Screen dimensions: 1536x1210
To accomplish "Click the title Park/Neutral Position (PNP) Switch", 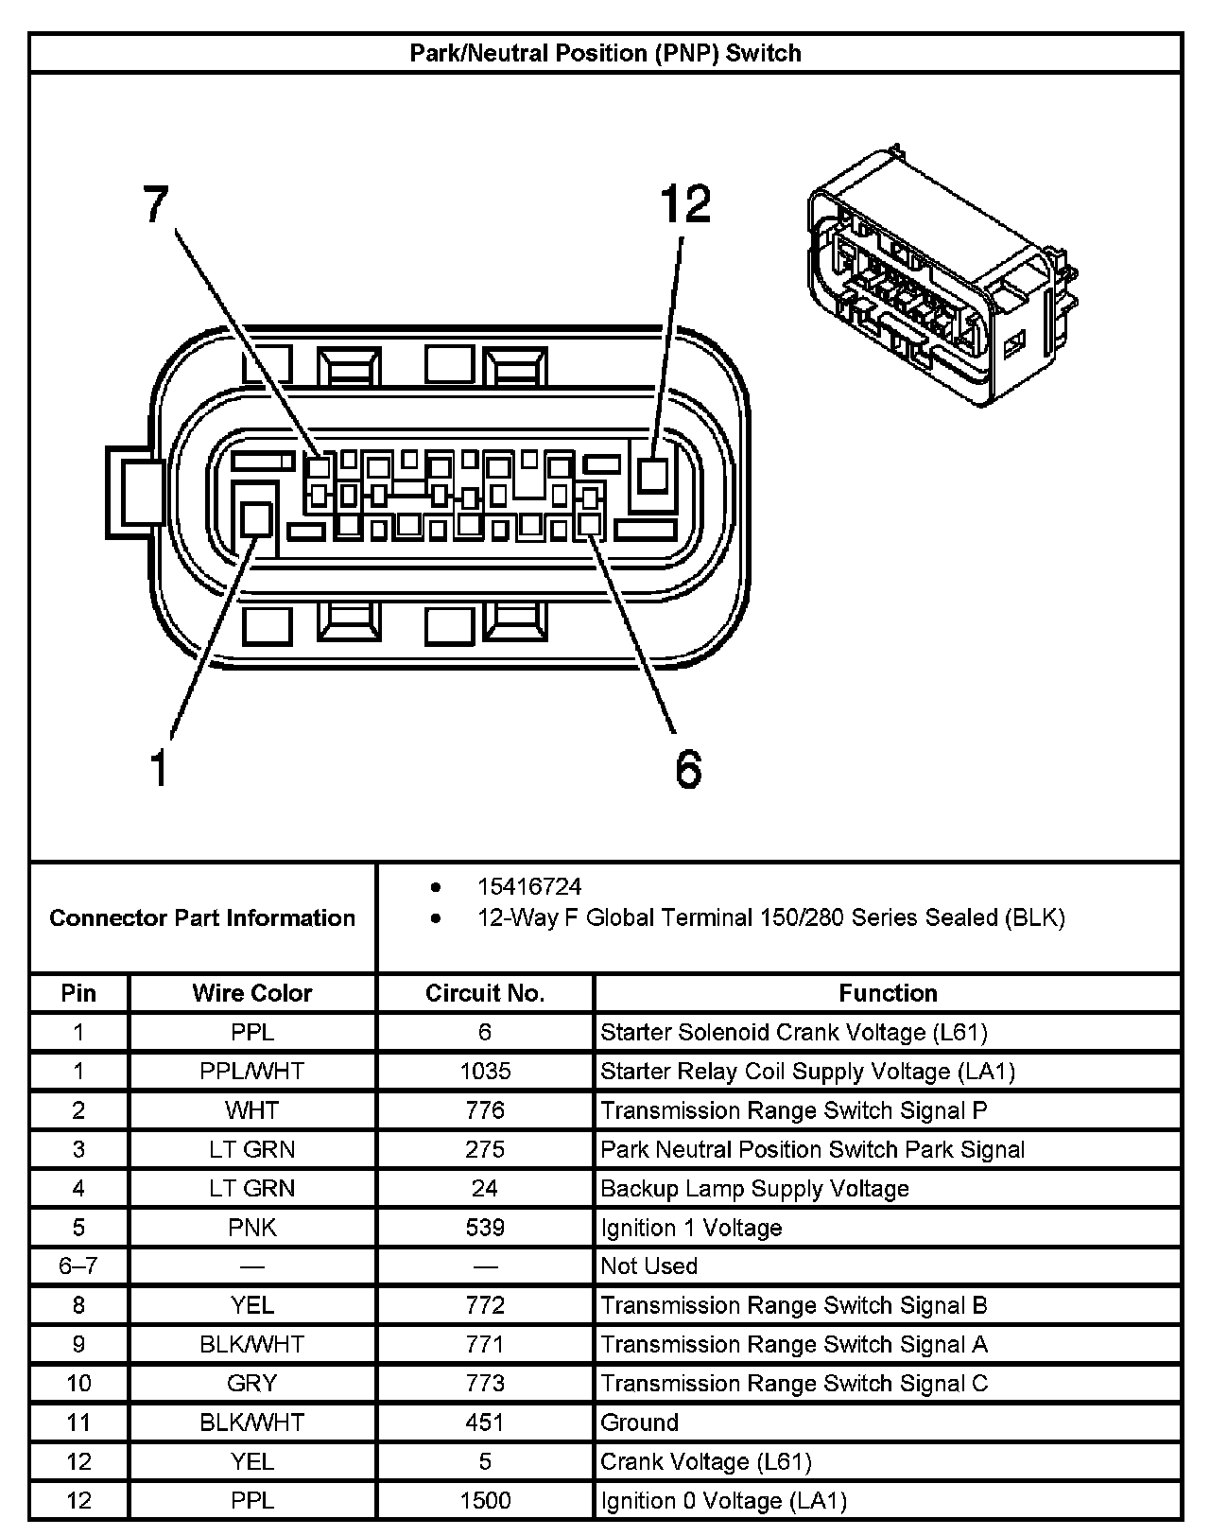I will pos(605,53).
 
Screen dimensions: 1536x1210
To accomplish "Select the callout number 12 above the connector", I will pos(684,204).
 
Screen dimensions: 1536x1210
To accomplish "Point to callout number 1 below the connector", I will pos(158,767).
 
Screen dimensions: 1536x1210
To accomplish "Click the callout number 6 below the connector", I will pos(688,767).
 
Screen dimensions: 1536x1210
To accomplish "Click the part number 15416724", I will pos(529,887).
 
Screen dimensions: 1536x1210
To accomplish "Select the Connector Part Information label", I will pos(202,917).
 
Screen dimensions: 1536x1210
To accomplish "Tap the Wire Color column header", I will pos(251,993).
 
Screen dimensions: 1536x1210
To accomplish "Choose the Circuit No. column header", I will pos(485,993).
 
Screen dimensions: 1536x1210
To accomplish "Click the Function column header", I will pos(888,993).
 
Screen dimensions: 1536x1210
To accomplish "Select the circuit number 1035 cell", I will pos(485,1071).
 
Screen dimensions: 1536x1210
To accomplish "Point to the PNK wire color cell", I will pos(251,1228).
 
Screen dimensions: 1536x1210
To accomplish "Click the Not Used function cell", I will pos(649,1266).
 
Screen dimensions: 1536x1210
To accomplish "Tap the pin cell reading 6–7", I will pos(78,1266).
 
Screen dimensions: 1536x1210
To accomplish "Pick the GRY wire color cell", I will pos(251,1384).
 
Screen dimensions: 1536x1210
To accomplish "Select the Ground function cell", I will pos(640,1423).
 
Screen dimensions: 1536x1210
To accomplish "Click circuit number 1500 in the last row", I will pos(485,1500).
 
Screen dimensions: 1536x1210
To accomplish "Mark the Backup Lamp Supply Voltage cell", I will pos(754,1189).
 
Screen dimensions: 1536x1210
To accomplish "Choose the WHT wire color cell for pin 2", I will pos(251,1110).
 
